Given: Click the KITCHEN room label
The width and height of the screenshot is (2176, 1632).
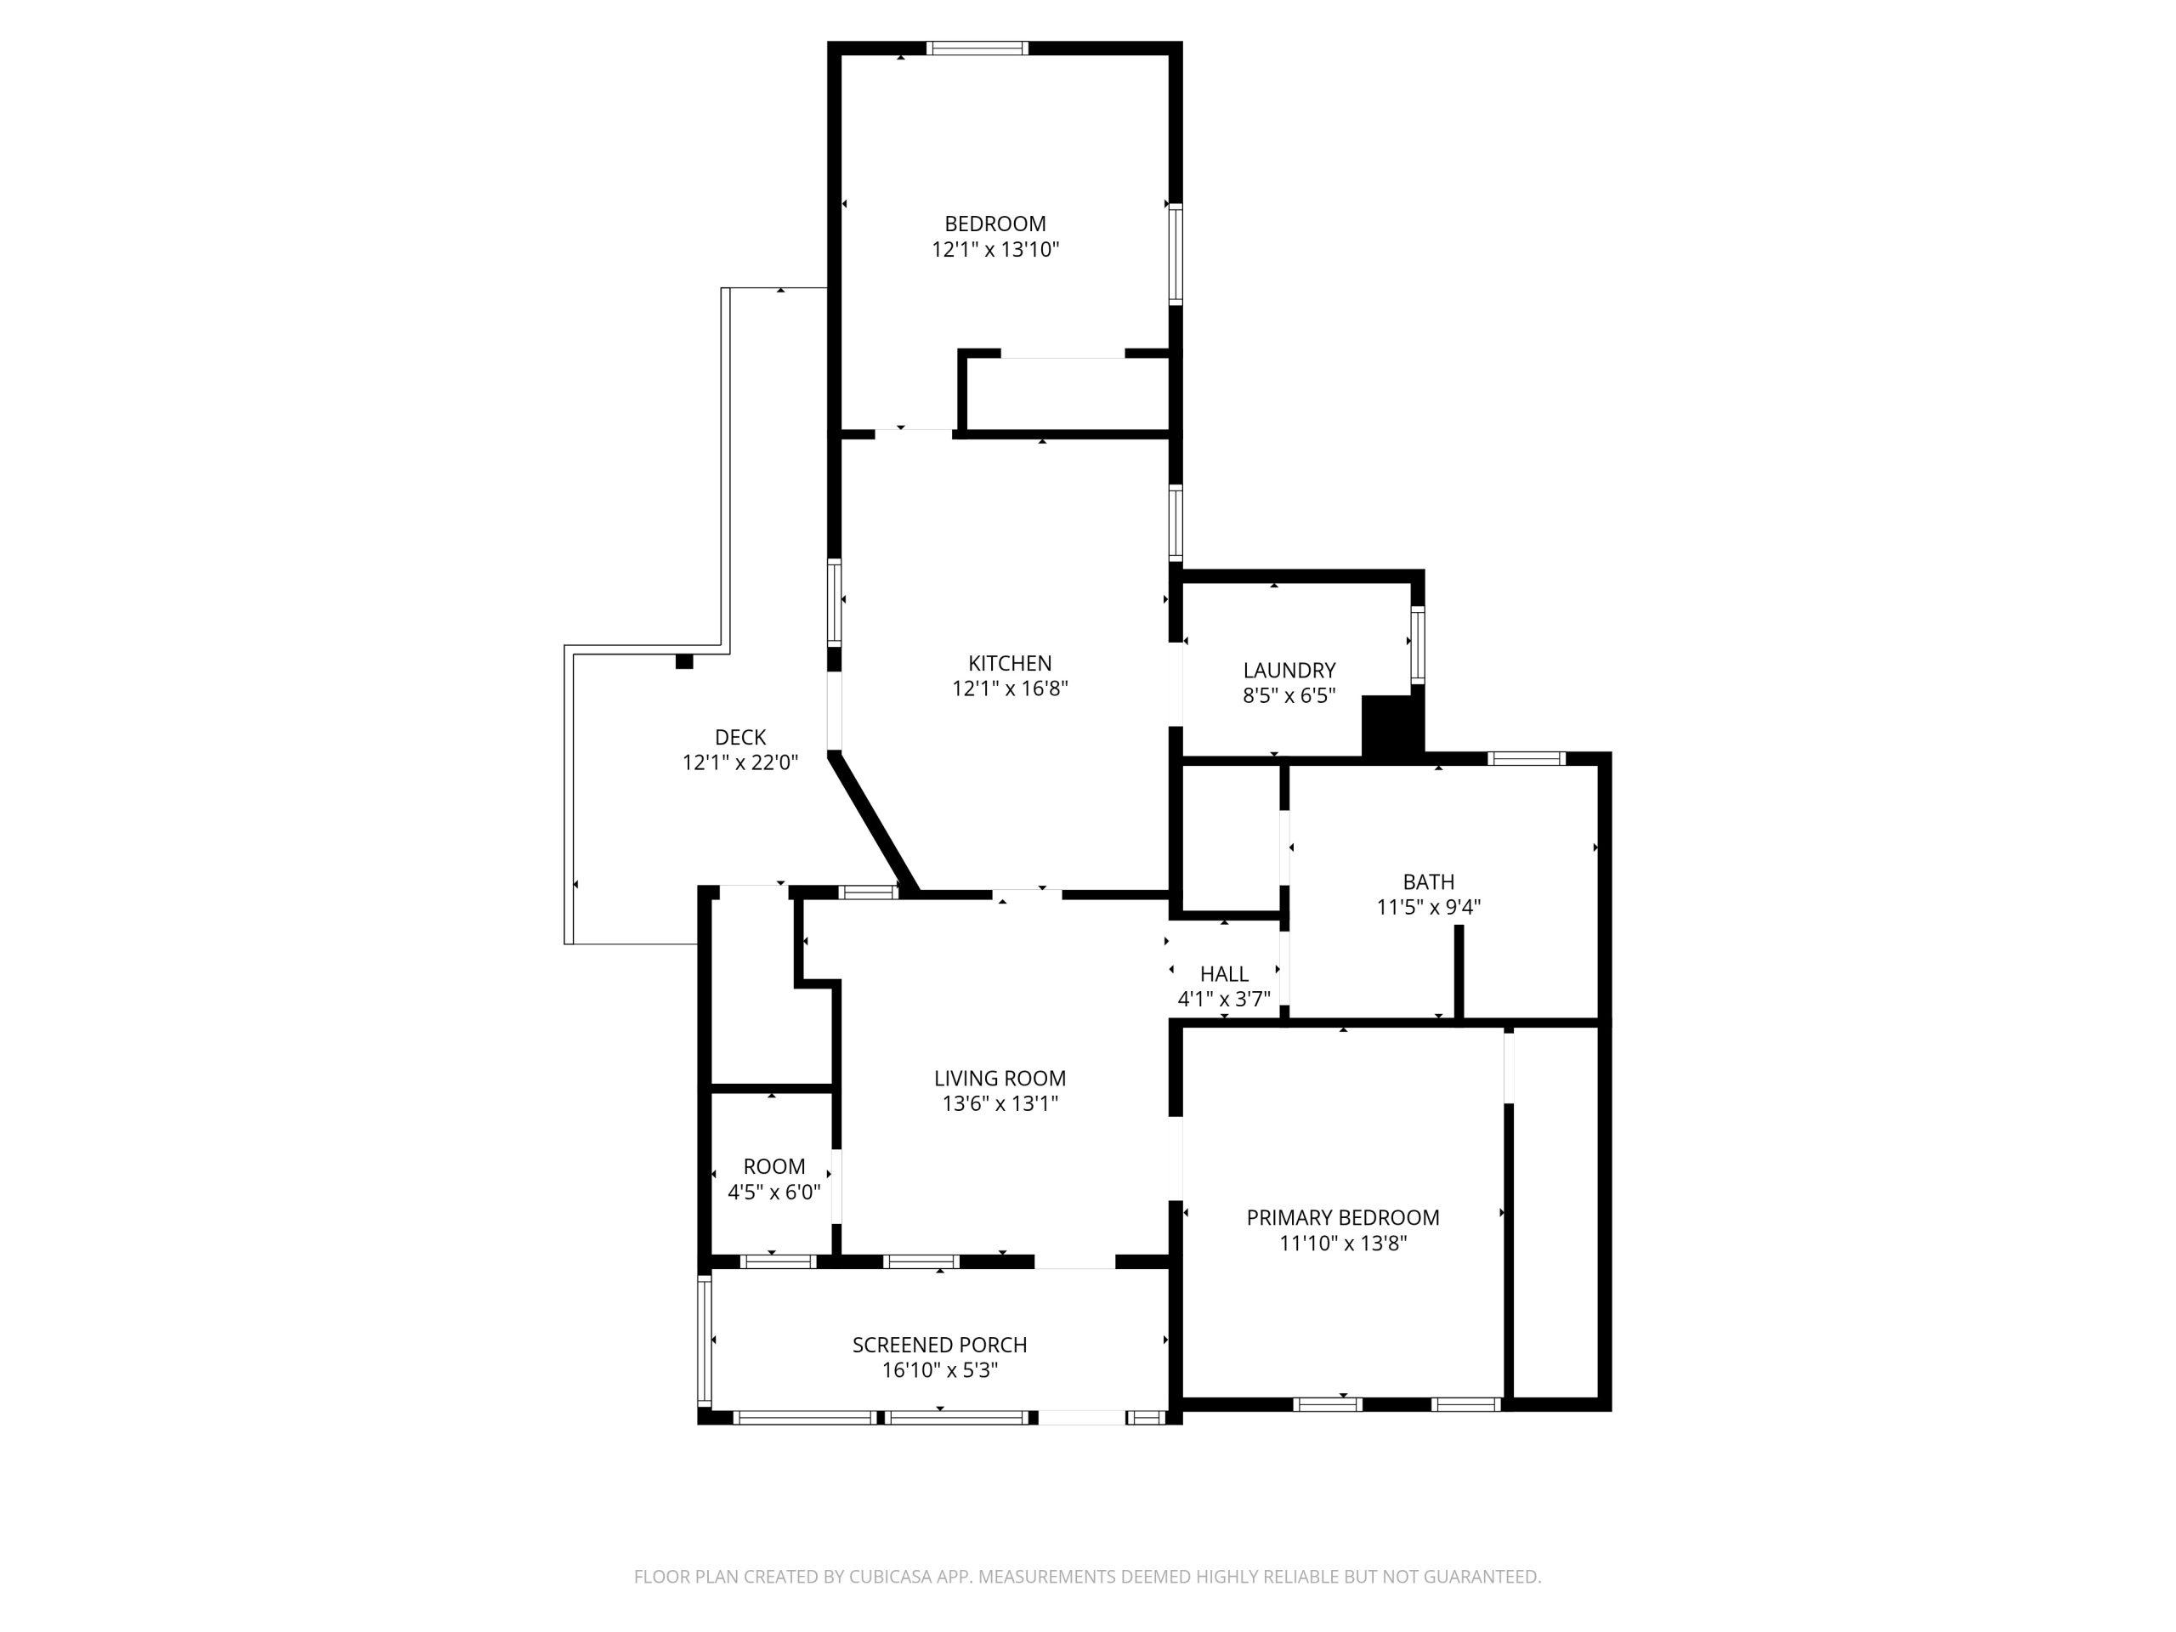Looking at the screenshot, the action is click(1009, 663).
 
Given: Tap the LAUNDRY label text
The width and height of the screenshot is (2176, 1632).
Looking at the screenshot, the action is click(1289, 670).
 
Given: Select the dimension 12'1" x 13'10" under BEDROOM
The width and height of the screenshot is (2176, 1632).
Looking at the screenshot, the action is click(994, 250).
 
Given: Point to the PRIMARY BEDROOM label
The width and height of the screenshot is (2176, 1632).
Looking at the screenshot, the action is click(1343, 1218).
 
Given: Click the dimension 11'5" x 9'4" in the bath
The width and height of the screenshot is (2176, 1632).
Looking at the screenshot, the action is click(1428, 907).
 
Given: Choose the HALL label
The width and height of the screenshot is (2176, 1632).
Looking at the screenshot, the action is click(1224, 974).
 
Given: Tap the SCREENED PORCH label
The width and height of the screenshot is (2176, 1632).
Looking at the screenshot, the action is click(939, 1345).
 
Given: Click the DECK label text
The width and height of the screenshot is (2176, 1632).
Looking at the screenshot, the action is click(739, 737).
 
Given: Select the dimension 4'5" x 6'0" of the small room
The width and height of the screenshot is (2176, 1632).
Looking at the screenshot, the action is click(773, 1193).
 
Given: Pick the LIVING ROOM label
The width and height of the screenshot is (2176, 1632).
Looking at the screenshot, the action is click(1000, 1078).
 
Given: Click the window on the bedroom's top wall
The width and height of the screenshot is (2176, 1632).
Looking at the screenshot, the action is click(977, 48).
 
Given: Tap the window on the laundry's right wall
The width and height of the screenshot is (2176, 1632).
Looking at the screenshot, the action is click(1418, 644).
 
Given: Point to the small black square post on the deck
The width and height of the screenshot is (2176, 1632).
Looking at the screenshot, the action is click(683, 662).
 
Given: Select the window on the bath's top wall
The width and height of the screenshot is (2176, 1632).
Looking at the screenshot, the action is click(1526, 757).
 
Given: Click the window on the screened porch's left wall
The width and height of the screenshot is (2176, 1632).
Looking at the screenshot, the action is click(705, 1340).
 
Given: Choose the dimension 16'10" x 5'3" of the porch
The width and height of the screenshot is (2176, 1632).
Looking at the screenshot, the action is click(939, 1370).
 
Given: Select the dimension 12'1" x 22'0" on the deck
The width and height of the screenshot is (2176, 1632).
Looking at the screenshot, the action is click(739, 762).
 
